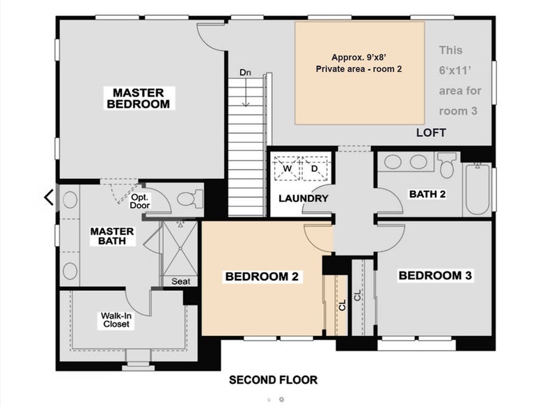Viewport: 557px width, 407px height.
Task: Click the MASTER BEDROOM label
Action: [139, 98]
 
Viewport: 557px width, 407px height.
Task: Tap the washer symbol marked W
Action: [287, 168]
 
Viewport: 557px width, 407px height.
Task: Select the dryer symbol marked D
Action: [315, 168]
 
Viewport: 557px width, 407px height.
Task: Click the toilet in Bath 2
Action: [447, 165]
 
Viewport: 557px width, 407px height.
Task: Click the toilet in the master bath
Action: [189, 199]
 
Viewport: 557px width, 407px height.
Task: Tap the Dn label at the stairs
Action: [245, 73]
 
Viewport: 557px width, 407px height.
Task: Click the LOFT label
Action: [431, 133]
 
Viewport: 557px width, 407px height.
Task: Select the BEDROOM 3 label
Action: [435, 276]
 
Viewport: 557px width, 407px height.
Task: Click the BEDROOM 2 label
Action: [262, 276]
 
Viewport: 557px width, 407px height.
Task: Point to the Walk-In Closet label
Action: [116, 320]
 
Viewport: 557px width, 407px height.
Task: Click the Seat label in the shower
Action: [181, 281]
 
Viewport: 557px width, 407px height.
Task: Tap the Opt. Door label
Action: [140, 201]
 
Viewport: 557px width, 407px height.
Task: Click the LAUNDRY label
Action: [304, 198]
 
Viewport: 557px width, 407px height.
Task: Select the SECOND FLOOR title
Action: [273, 380]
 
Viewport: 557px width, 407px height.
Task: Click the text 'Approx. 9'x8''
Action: [359, 58]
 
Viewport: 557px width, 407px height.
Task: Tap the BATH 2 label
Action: [427, 194]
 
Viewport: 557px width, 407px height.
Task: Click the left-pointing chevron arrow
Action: [49, 198]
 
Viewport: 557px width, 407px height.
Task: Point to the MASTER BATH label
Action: [112, 236]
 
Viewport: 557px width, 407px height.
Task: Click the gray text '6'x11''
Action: [455, 70]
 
